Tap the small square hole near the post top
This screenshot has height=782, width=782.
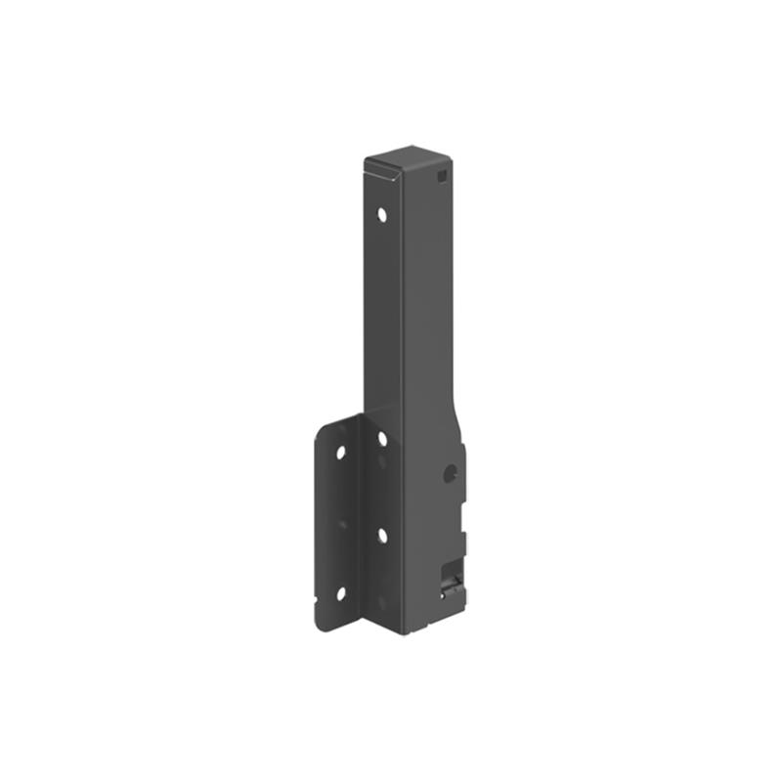(442, 177)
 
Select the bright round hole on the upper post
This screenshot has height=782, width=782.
(382, 212)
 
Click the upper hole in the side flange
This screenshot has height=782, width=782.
(340, 454)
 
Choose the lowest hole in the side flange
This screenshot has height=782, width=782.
(340, 592)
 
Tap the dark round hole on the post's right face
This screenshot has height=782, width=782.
(450, 473)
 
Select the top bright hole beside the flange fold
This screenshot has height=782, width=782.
(382, 439)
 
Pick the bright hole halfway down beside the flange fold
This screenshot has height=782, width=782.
(382, 535)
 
